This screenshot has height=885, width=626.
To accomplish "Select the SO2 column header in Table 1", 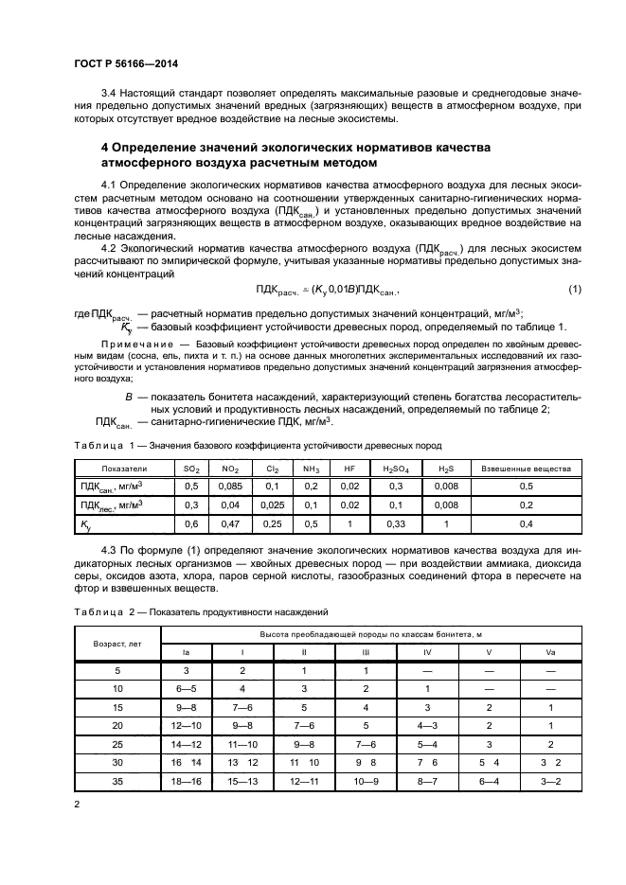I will point(190,469).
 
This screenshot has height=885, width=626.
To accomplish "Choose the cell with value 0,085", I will point(229,487).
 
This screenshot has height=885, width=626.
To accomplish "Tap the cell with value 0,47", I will point(229,522).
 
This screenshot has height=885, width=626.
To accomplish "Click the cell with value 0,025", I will point(271,504).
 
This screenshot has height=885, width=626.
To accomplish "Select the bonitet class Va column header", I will point(550,652).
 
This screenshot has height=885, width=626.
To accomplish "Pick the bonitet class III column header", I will point(366,652).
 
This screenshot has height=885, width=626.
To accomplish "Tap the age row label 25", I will point(116,745).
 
